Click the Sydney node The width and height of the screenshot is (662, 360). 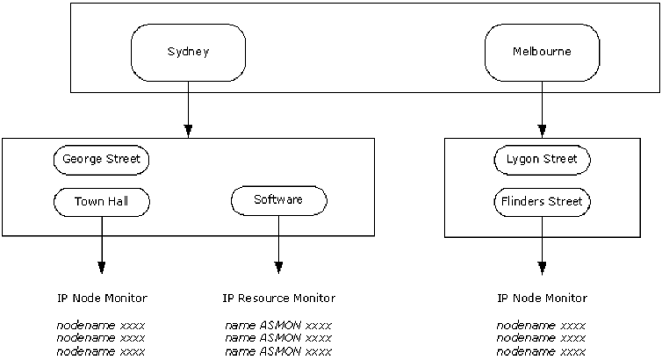click(x=189, y=52)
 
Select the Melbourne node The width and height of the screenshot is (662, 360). click(x=542, y=52)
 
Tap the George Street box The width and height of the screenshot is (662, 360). click(x=101, y=160)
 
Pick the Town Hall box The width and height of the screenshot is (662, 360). click(x=101, y=201)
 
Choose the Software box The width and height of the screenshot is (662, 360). click(x=278, y=200)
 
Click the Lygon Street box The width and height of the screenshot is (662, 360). click(x=542, y=160)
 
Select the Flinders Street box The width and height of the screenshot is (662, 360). click(x=542, y=201)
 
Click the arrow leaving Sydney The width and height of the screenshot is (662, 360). click(x=189, y=109)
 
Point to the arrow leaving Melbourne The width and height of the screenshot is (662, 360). click(x=542, y=109)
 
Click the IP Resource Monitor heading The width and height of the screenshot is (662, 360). click(x=278, y=299)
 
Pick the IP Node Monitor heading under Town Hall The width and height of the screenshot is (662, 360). click(x=101, y=299)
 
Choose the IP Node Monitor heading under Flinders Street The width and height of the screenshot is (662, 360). click(x=542, y=299)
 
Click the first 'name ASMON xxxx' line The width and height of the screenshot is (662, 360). click(x=278, y=325)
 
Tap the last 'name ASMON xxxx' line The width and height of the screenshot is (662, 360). click(x=278, y=352)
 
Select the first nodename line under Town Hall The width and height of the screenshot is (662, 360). click(x=101, y=325)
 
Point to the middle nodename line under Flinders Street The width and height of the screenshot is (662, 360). click(x=542, y=338)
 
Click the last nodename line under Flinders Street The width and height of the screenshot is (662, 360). click(x=542, y=352)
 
